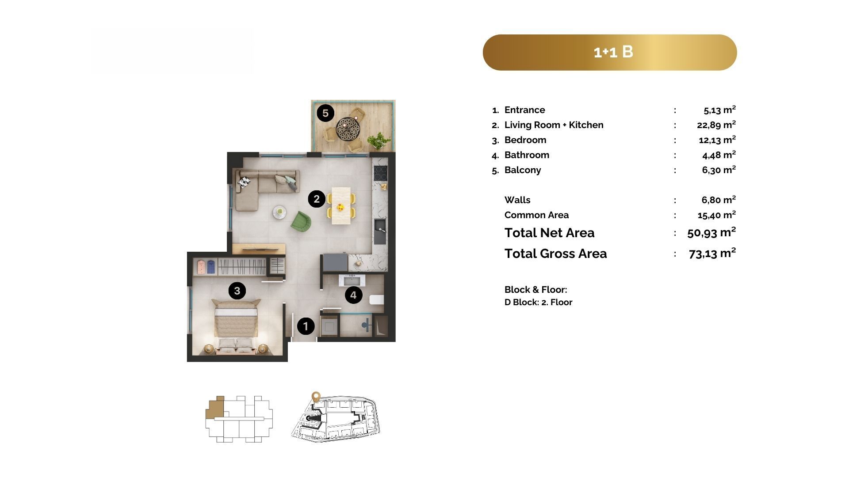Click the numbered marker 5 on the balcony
(325, 113)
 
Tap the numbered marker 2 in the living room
(317, 199)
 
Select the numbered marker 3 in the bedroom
(237, 291)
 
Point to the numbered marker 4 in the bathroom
(353, 295)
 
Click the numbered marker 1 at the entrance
(306, 326)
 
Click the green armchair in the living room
(301, 220)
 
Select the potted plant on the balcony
(379, 140)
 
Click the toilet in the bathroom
(377, 300)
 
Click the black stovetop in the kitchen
(381, 173)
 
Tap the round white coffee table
(279, 212)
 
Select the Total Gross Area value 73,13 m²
(712, 253)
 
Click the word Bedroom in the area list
(525, 140)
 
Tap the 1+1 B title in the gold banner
(613, 52)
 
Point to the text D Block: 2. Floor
(539, 303)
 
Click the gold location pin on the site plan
(316, 396)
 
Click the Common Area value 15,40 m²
(717, 215)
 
